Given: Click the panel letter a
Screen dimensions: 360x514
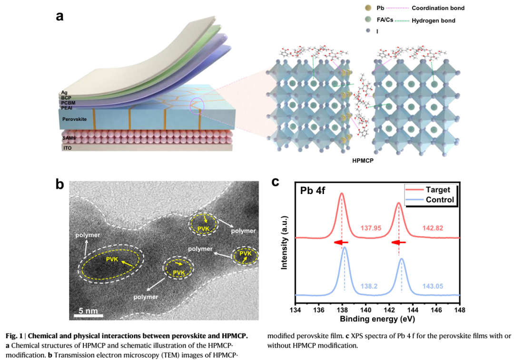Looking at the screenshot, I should point(60,16).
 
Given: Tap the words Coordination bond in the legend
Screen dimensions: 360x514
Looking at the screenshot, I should point(437,9).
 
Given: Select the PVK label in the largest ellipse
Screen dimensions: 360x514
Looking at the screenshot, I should point(113,260).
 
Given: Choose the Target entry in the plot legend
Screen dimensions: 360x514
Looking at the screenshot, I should point(438,190).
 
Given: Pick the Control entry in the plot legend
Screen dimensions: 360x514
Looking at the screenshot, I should point(440,200).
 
